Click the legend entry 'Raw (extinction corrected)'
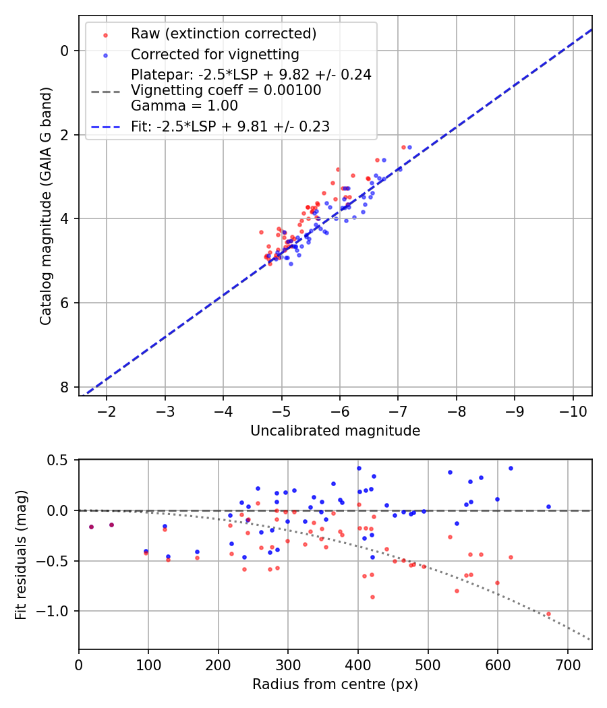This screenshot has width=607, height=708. point(223,34)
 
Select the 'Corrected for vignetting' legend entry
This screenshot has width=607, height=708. point(214,54)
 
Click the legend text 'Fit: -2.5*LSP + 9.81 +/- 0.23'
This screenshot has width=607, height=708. point(230,126)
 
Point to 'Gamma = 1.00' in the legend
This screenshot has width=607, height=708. point(184,106)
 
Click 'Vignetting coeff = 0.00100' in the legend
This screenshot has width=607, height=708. point(226,90)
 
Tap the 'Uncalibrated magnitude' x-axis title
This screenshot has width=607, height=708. point(335,431)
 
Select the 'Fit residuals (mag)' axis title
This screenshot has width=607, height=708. point(21,555)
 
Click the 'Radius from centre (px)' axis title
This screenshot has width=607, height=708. point(335,684)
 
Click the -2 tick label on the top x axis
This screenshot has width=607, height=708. point(106,411)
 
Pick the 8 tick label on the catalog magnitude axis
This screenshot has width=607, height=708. point(65,387)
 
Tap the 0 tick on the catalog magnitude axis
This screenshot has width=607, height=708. point(65,51)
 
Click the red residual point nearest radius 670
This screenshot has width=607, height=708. point(548,614)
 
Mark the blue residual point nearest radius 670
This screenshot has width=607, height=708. point(548,506)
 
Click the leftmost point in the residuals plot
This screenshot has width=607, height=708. point(91,527)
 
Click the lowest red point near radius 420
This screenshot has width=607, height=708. point(372,597)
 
